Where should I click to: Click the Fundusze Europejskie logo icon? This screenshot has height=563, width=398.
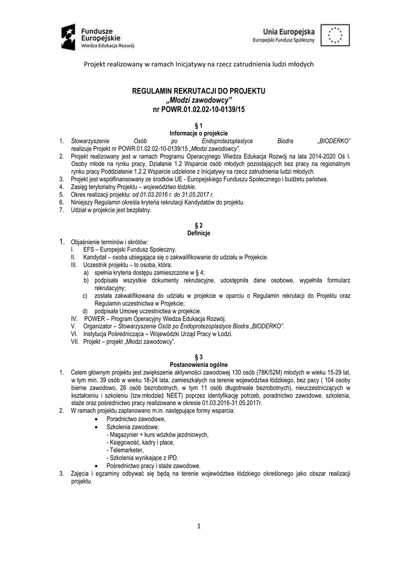[x=71, y=37]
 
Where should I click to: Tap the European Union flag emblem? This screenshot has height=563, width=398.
[x=334, y=36]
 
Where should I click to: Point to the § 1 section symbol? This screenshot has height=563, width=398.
[x=199, y=126]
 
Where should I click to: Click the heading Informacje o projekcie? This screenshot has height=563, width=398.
[x=199, y=133]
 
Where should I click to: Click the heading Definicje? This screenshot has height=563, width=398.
[x=199, y=233]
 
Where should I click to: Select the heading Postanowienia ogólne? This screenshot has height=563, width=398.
[x=199, y=365]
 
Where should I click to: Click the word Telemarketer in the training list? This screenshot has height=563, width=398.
[x=124, y=450]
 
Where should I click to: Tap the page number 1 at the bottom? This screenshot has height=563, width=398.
[x=199, y=526]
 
